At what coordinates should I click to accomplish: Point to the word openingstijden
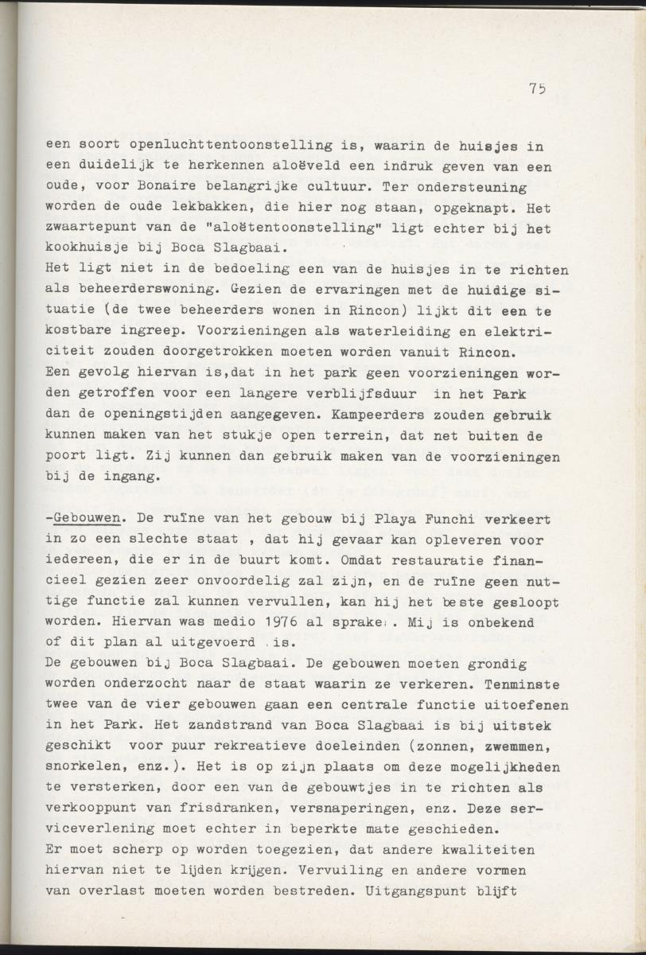(x=154, y=415)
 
